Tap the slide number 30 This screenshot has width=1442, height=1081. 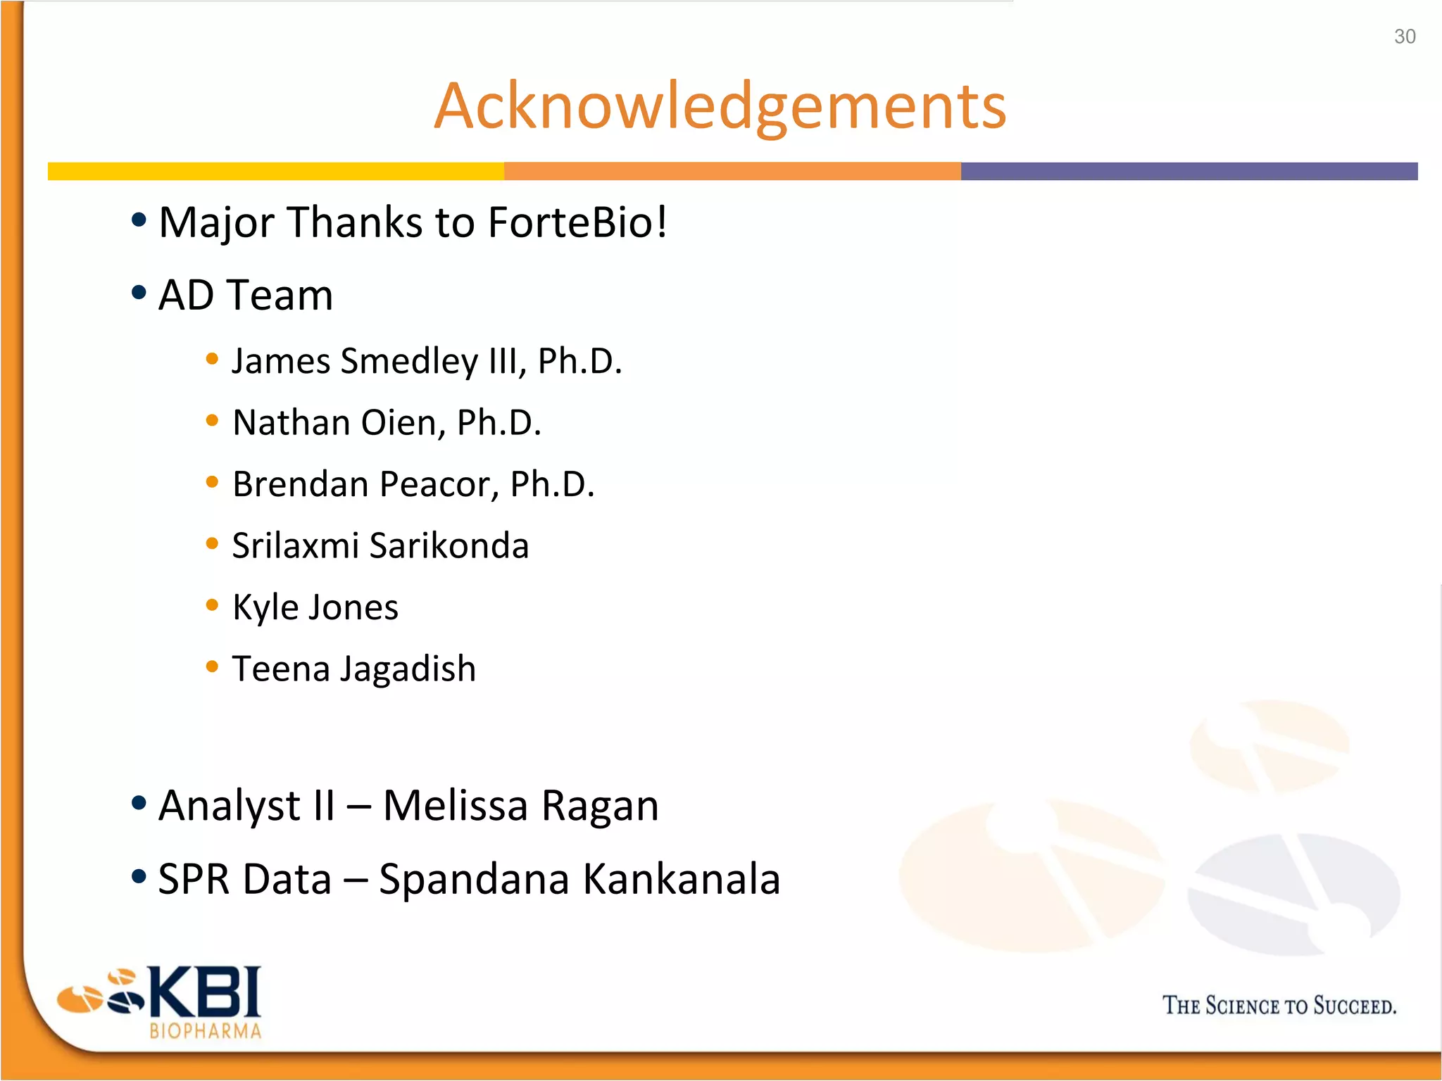1404,37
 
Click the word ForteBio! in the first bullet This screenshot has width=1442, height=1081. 577,222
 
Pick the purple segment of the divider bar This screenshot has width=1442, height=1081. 1189,171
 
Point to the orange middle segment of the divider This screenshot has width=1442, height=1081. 732,171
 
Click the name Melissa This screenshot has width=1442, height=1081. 455,805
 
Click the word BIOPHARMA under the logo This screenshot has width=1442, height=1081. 206,1031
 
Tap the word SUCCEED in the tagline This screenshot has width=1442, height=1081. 1353,1006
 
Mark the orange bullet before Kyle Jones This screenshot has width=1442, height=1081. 212,605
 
